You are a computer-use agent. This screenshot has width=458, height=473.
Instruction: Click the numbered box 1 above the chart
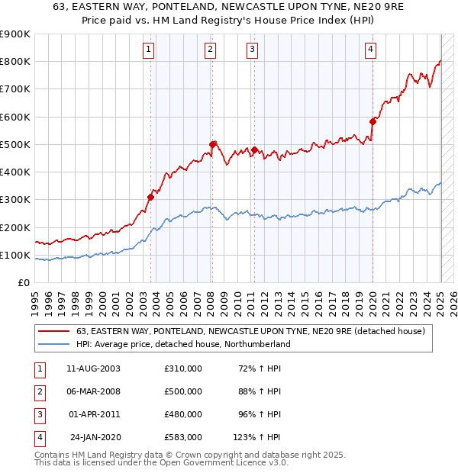147,50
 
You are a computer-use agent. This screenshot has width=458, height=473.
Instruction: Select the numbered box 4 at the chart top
370,50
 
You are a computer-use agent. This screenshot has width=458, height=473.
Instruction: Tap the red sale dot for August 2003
150,197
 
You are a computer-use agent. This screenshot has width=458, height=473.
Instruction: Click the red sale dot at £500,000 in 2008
212,144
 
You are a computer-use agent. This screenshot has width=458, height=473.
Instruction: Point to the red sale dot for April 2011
254,150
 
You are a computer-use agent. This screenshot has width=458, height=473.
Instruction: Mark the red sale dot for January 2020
373,121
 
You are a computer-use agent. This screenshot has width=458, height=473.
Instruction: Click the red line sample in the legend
53,331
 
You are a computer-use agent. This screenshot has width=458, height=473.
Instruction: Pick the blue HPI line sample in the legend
53,344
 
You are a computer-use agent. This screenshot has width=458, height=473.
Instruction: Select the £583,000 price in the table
183,437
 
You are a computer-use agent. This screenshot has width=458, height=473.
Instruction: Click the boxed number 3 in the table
39,414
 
